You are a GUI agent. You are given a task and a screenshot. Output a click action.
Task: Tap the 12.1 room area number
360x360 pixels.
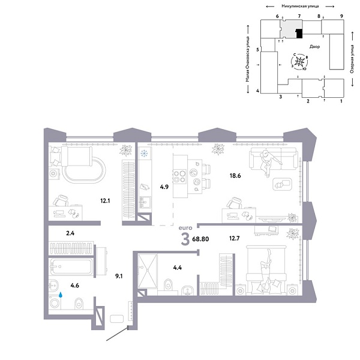click(x=106, y=202)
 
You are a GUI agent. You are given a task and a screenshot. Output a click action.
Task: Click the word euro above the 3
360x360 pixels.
click(x=185, y=228)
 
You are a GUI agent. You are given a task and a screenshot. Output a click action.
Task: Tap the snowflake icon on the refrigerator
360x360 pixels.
click(x=144, y=154)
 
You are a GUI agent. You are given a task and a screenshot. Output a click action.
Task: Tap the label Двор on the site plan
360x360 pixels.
click(x=314, y=46)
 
